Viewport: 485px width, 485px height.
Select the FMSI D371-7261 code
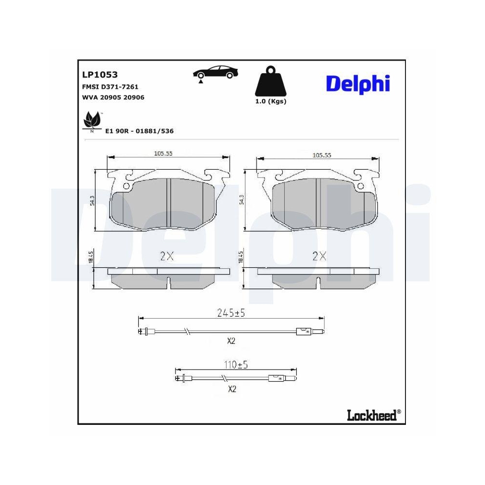[110, 87]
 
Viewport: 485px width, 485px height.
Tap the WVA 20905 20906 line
[113, 97]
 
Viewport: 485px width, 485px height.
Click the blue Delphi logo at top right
[357, 83]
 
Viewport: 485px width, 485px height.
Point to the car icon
[215, 72]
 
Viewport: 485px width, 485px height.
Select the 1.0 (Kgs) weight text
[271, 101]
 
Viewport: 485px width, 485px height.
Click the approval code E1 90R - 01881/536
[139, 131]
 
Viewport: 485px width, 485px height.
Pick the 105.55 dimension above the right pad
[322, 155]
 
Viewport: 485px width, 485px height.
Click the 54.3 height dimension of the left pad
[93, 199]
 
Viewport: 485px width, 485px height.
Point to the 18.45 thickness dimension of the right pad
[241, 257]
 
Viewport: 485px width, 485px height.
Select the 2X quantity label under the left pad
[166, 257]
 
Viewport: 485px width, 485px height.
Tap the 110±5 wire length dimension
[235, 365]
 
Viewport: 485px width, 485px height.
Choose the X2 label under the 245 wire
[231, 341]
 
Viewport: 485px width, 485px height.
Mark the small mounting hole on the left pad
[127, 186]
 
